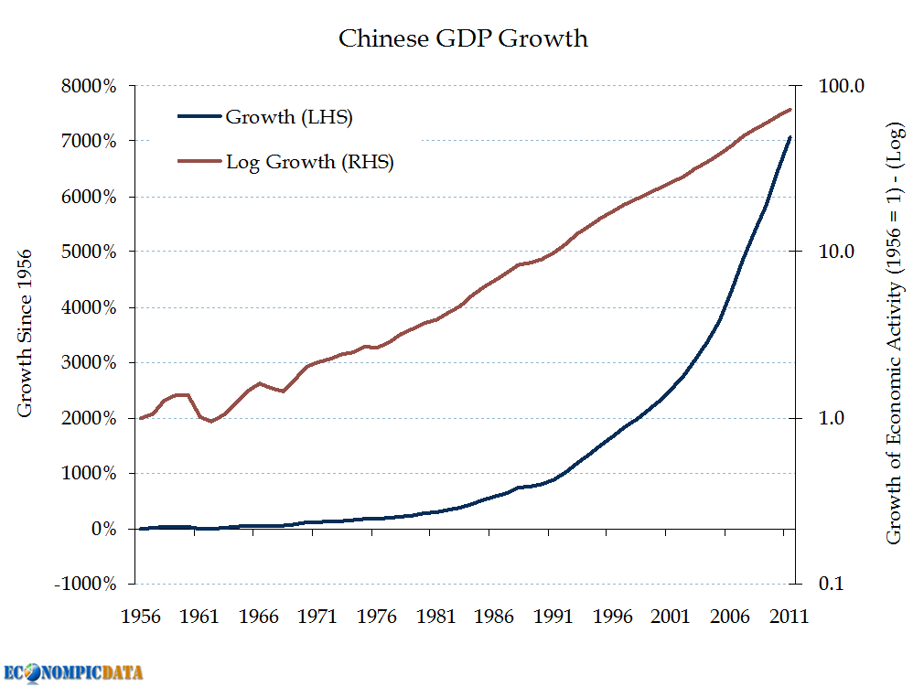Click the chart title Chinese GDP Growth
[x=463, y=38]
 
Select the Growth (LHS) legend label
[x=289, y=117]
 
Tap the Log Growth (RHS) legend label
[x=309, y=163]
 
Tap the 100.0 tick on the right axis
[x=832, y=87]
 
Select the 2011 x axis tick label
[x=789, y=617]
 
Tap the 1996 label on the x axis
[x=613, y=617]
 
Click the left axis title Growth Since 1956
[x=26, y=333]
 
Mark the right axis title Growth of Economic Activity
[x=894, y=333]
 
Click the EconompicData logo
[x=73, y=672]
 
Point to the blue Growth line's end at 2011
[x=790, y=137]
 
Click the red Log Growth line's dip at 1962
[x=211, y=422]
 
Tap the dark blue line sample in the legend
[x=199, y=117]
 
